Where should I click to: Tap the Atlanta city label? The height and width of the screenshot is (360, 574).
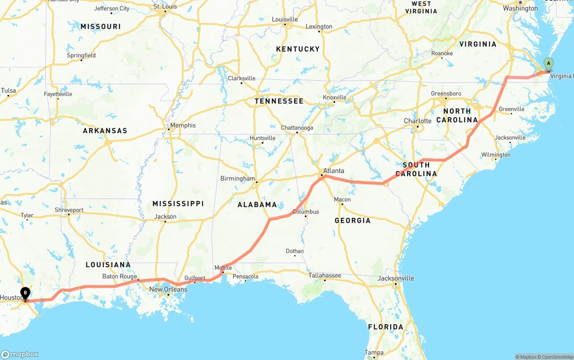(x=334, y=171)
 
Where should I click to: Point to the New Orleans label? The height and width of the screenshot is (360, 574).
(x=168, y=290)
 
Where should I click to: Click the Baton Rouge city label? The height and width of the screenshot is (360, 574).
(x=119, y=277)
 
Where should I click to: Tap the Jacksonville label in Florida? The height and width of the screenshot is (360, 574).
(x=396, y=278)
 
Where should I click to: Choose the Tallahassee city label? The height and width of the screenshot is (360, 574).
(x=325, y=276)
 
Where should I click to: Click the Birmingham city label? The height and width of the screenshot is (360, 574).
(x=237, y=179)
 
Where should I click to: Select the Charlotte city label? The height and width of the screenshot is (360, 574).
(x=417, y=121)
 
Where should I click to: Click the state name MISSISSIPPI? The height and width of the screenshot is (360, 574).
(x=178, y=204)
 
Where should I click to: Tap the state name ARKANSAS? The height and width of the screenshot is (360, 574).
(x=105, y=131)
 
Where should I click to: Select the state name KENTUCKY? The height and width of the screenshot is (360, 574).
(x=298, y=49)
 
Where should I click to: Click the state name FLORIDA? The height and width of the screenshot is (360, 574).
(x=386, y=327)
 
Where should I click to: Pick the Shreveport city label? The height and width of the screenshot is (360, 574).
(x=69, y=210)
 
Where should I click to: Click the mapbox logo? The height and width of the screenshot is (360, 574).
(x=20, y=354)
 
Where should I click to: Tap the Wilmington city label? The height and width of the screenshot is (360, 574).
(x=496, y=155)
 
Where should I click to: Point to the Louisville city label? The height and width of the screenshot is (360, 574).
(x=285, y=20)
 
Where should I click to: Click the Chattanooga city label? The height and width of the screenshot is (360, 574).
(x=297, y=128)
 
